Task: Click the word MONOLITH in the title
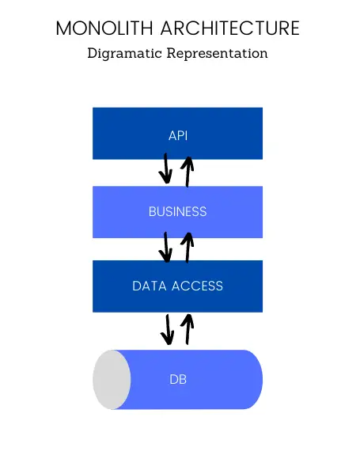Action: click(104, 28)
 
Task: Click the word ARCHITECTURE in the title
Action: click(230, 28)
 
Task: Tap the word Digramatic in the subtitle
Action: click(124, 54)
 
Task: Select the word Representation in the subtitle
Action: click(217, 53)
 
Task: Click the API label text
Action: click(178, 135)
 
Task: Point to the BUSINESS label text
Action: click(177, 211)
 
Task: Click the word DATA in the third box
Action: click(150, 286)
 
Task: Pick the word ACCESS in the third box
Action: click(197, 286)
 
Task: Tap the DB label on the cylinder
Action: click(178, 380)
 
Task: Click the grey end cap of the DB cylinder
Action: click(112, 380)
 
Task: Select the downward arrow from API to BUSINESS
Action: click(165, 169)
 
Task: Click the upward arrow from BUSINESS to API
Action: click(188, 172)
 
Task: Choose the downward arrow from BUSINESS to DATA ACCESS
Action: click(165, 247)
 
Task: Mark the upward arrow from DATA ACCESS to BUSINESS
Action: click(188, 248)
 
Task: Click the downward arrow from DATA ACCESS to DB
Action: click(168, 330)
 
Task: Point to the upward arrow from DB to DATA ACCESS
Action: click(188, 329)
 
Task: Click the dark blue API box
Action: click(177, 134)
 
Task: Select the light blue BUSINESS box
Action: click(177, 212)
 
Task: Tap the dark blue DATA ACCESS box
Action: click(177, 286)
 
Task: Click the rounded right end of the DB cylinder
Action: click(256, 380)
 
